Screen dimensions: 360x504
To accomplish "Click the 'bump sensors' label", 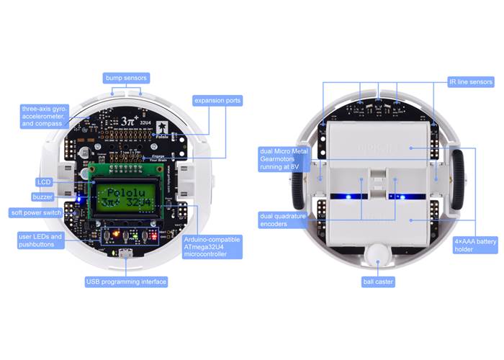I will [125, 77].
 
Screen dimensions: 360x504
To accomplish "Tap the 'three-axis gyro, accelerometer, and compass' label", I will [44, 116].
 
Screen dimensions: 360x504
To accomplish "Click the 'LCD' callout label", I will [43, 182].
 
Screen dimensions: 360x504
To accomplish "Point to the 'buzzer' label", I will [42, 197].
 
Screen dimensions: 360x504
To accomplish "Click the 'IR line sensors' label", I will [471, 83].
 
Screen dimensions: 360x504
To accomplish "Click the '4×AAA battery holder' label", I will [474, 246].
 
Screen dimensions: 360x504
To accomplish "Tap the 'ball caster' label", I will [378, 282].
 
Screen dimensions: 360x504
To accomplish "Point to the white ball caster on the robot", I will [377, 253].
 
